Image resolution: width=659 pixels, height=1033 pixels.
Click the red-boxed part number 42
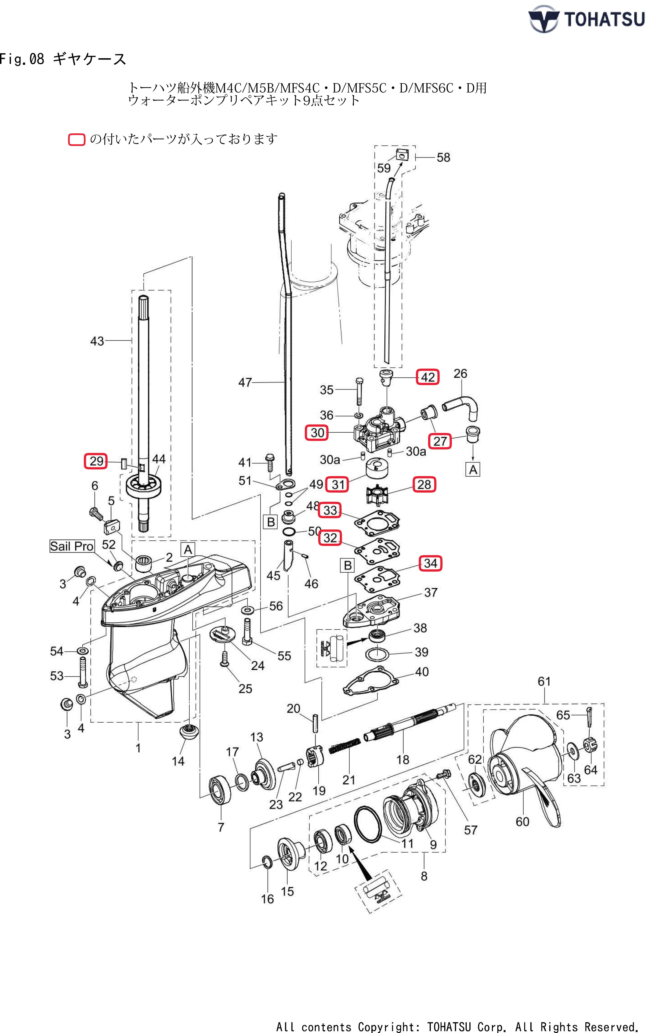427,377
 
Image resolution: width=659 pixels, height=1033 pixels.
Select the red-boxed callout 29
96,461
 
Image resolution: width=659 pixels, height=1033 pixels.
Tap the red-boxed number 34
430,563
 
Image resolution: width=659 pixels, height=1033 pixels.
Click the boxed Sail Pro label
72,546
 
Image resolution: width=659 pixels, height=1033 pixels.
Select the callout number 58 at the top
443,157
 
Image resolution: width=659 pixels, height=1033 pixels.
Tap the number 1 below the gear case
138,749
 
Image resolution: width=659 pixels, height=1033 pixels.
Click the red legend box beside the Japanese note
77,140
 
